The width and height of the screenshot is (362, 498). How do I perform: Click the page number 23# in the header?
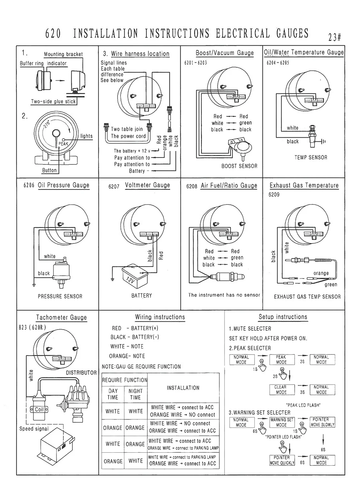coord(334,37)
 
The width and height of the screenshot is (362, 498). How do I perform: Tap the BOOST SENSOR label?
coord(239,166)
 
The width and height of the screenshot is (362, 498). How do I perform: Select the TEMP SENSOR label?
coord(311,158)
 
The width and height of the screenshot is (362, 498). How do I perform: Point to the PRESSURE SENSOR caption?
coord(60,296)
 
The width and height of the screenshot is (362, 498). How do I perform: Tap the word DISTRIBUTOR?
coord(81,373)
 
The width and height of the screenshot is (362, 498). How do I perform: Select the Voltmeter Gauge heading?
coord(147,185)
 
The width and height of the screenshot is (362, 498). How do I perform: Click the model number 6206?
coord(29,185)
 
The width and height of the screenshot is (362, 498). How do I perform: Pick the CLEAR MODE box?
coord(281,390)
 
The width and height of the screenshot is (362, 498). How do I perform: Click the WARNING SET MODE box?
coord(281,422)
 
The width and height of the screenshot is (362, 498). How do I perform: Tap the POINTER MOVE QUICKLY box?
coord(282,460)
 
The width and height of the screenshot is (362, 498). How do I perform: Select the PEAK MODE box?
coord(281,360)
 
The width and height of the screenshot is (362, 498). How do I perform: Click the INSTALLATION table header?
coord(183,388)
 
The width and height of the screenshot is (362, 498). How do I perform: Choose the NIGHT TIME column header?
coord(135,394)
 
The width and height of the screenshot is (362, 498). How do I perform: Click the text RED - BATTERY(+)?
coord(135,328)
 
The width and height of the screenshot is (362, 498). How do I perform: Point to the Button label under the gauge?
coord(49,170)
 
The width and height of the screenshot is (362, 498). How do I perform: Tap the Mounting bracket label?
coord(63,54)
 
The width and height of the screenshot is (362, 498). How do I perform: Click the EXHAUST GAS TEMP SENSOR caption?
coord(307,297)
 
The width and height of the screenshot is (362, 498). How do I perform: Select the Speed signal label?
coord(34,429)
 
